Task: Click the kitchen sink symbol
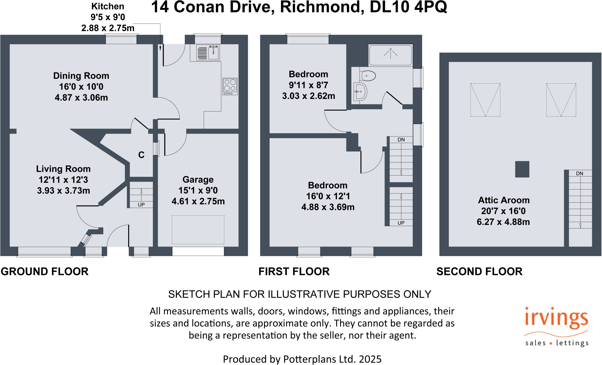(208, 53)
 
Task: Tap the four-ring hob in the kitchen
(230, 86)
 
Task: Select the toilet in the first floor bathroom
(367, 76)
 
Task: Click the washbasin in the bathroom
(360, 92)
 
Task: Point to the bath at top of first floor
(390, 55)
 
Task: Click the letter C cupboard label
(141, 155)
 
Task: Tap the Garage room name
(198, 179)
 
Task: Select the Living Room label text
(63, 169)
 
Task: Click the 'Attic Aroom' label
(504, 200)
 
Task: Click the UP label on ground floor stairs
(141, 204)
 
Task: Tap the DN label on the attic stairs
(579, 173)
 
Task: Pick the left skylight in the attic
(485, 100)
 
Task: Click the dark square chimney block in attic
(522, 169)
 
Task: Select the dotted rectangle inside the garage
(198, 230)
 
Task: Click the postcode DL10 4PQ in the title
(408, 7)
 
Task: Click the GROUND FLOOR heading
(45, 271)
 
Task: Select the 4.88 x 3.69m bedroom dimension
(328, 207)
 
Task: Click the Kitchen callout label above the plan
(108, 6)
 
